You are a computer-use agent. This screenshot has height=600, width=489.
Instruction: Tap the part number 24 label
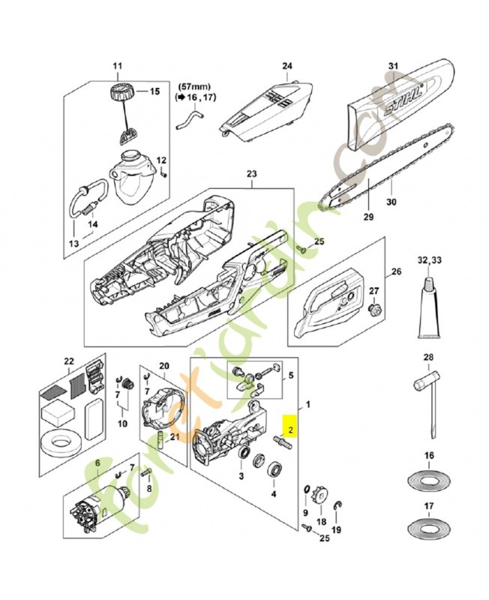286,65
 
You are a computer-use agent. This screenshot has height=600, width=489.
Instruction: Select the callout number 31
391,67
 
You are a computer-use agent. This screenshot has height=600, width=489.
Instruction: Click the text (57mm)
193,86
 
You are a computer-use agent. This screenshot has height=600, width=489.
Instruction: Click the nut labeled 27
374,307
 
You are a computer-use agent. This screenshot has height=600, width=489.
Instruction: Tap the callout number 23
251,175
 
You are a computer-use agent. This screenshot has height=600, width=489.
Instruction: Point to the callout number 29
367,217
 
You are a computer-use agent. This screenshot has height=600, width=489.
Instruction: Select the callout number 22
69,362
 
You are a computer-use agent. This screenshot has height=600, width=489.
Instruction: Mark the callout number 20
164,365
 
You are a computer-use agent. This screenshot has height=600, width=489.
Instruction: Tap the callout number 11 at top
117,67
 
